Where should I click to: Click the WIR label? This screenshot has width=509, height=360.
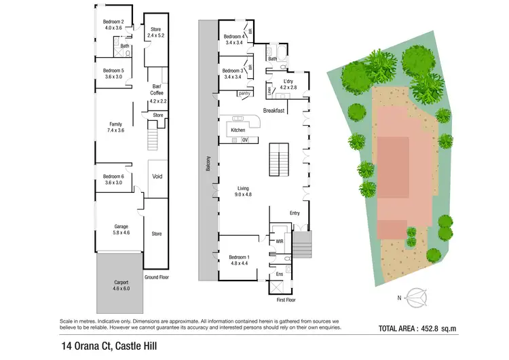click(280, 240)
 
